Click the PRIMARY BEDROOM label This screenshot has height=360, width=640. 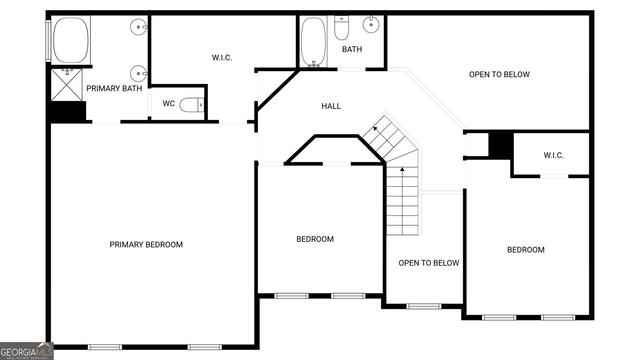coord(146,244)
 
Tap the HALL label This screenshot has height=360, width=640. coord(331,106)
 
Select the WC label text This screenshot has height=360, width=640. coord(169,104)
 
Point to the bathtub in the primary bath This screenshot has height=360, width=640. coord(71,39)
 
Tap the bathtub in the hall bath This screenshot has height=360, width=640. coord(313,41)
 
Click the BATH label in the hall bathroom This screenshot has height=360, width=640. coord(352,49)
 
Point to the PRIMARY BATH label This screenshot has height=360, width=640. coord(114,88)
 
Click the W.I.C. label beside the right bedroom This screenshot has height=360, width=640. coord(554,155)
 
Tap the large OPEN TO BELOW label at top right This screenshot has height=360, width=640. coord(499,74)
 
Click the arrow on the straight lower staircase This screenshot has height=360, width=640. coord(402,170)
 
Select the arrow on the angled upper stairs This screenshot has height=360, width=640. coord(376,128)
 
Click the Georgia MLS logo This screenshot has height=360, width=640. coord(26,351)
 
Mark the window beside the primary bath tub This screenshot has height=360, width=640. coord(48,41)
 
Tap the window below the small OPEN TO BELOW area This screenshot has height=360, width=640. coord(424,306)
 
